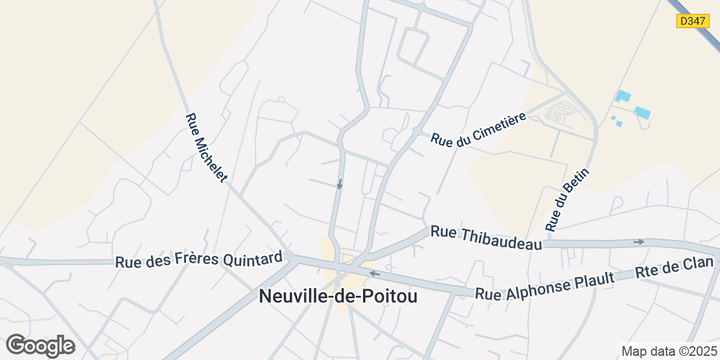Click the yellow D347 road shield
[x=692, y=21]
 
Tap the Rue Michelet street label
[x=207, y=148]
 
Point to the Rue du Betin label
[x=568, y=200]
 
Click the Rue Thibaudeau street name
[x=487, y=238]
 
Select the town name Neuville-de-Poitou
[x=338, y=296]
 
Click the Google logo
[x=41, y=346]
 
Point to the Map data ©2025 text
[x=669, y=351]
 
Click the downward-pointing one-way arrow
[x=340, y=184]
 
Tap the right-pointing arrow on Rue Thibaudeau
[x=638, y=242]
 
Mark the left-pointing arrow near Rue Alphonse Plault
[x=374, y=274]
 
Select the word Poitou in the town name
[x=390, y=296]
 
